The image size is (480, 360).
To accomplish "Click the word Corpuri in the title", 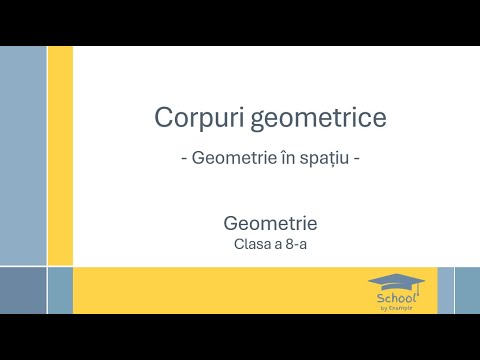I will tap(189, 118).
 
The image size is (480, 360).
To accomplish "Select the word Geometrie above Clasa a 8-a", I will tap(270, 222).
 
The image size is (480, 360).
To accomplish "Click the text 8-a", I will tap(296, 242).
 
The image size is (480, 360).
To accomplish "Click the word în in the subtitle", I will tap(286, 158).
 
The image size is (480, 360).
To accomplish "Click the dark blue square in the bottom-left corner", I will tap(22, 290).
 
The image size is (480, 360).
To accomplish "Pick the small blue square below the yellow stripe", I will tap(60, 290).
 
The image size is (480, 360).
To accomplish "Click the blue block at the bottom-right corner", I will tap(467, 290).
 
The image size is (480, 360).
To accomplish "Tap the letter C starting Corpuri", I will tap(163, 118).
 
